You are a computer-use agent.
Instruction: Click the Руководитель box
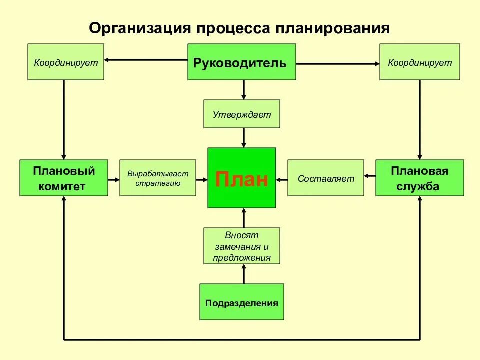click(241, 62)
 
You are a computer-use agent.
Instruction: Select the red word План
click(242, 179)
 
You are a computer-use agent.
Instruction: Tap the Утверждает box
click(242, 114)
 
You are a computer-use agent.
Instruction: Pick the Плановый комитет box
click(64, 178)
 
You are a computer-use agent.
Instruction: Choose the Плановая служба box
click(419, 178)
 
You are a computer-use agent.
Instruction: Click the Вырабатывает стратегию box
click(158, 178)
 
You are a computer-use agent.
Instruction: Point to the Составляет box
click(326, 178)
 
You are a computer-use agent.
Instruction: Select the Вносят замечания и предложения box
click(242, 246)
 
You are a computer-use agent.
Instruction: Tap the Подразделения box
click(242, 302)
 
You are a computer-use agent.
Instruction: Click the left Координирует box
click(66, 62)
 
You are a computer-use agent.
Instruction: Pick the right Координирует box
click(420, 62)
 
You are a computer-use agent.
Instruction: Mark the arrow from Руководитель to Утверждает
click(244, 90)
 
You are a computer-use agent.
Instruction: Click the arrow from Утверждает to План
click(244, 138)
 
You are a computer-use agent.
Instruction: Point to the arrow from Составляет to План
click(282, 178)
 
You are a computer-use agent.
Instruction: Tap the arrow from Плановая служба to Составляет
click(370, 176)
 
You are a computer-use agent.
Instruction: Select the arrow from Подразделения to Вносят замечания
click(244, 274)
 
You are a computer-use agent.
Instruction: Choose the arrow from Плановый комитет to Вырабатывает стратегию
click(114, 178)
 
